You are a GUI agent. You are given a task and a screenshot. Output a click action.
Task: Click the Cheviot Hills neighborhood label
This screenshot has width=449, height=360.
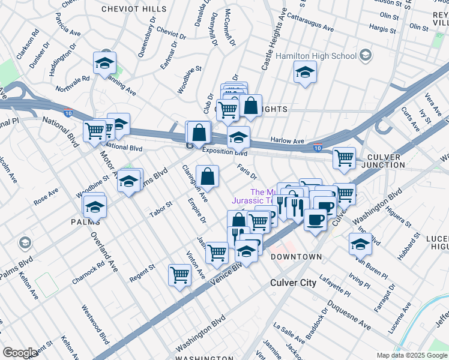coord(134,8)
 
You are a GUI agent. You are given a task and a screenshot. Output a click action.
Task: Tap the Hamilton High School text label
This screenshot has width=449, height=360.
coord(316,56)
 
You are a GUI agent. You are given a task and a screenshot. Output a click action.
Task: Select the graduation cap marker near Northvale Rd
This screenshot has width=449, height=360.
coord(104,63)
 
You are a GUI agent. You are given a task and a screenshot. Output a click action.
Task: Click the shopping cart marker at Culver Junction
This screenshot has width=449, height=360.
coord(344,158)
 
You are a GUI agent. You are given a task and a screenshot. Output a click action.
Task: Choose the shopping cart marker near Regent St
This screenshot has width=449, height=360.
coord(180,275)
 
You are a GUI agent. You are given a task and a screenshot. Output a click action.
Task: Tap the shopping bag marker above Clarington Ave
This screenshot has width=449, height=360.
coord(207,176)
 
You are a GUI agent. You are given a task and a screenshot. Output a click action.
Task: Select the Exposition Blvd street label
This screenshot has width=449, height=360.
coord(224,152)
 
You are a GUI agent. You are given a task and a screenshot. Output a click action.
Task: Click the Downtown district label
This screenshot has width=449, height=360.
coord(297,257)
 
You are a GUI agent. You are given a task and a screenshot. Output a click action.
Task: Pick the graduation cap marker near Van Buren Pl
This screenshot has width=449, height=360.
coord(360,244)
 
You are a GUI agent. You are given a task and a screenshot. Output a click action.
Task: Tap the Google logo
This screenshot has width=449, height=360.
coord(20,353)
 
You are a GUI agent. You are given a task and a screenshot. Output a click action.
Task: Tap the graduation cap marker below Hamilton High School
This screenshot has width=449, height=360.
coord(305,73)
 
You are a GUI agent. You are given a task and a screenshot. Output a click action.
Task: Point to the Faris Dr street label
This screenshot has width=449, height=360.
coord(247,172)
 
